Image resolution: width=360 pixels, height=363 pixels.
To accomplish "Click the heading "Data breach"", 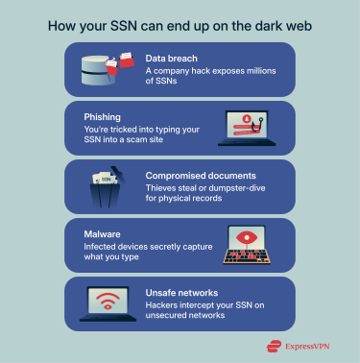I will click(172, 59).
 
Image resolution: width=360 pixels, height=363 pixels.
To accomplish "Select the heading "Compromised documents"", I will click(200, 175).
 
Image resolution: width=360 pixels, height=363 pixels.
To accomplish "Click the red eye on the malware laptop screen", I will click(252, 239).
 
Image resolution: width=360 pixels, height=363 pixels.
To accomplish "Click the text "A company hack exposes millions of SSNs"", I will click(212, 77).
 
